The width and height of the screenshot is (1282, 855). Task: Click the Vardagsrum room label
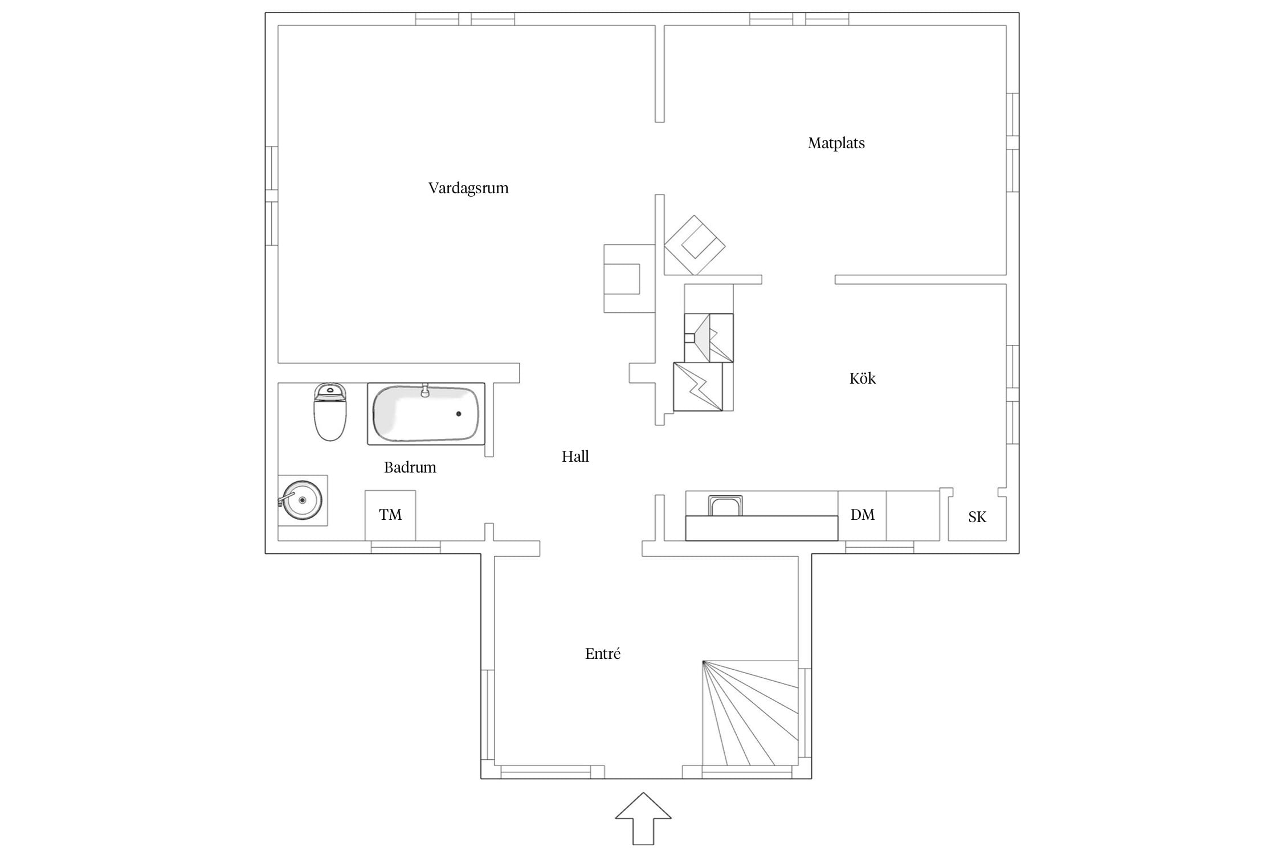[x=468, y=188]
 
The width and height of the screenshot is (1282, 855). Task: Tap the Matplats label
[x=836, y=143]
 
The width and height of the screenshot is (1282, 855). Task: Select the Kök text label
[x=862, y=378]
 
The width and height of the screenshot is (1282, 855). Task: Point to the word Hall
[x=575, y=456]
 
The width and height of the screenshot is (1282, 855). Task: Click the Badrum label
[x=410, y=467]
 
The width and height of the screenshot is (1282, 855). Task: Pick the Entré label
[x=602, y=653]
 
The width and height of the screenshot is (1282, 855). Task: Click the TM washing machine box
[x=390, y=515]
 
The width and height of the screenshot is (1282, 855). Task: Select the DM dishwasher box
[x=862, y=515]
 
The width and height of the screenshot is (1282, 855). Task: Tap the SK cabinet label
[x=977, y=517]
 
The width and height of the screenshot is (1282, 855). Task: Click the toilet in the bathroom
[x=330, y=412]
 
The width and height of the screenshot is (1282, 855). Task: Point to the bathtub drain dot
[x=459, y=414]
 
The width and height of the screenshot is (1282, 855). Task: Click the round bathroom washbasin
[x=302, y=500]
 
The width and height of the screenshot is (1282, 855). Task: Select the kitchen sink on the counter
[x=725, y=506]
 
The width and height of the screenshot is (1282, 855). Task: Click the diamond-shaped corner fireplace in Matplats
[x=695, y=245]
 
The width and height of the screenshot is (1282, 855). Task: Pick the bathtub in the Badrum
[x=426, y=414]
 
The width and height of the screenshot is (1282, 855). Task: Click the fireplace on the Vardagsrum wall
[x=629, y=279]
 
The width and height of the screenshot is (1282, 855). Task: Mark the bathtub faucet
[x=424, y=390]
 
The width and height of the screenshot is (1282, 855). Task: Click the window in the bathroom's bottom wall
[x=406, y=548]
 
